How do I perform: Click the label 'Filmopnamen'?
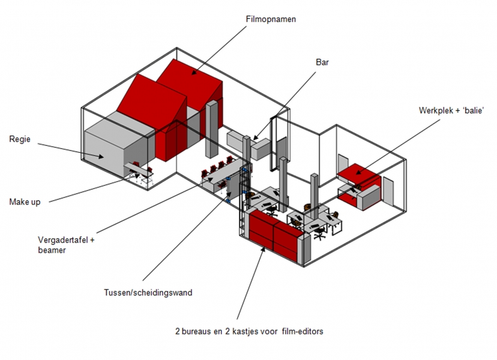pos(271,19)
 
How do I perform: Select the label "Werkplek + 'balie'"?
pos(451,110)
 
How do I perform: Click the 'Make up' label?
pos(25,202)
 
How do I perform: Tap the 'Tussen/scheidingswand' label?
pos(148,293)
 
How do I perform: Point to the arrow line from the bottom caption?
pos(249,282)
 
